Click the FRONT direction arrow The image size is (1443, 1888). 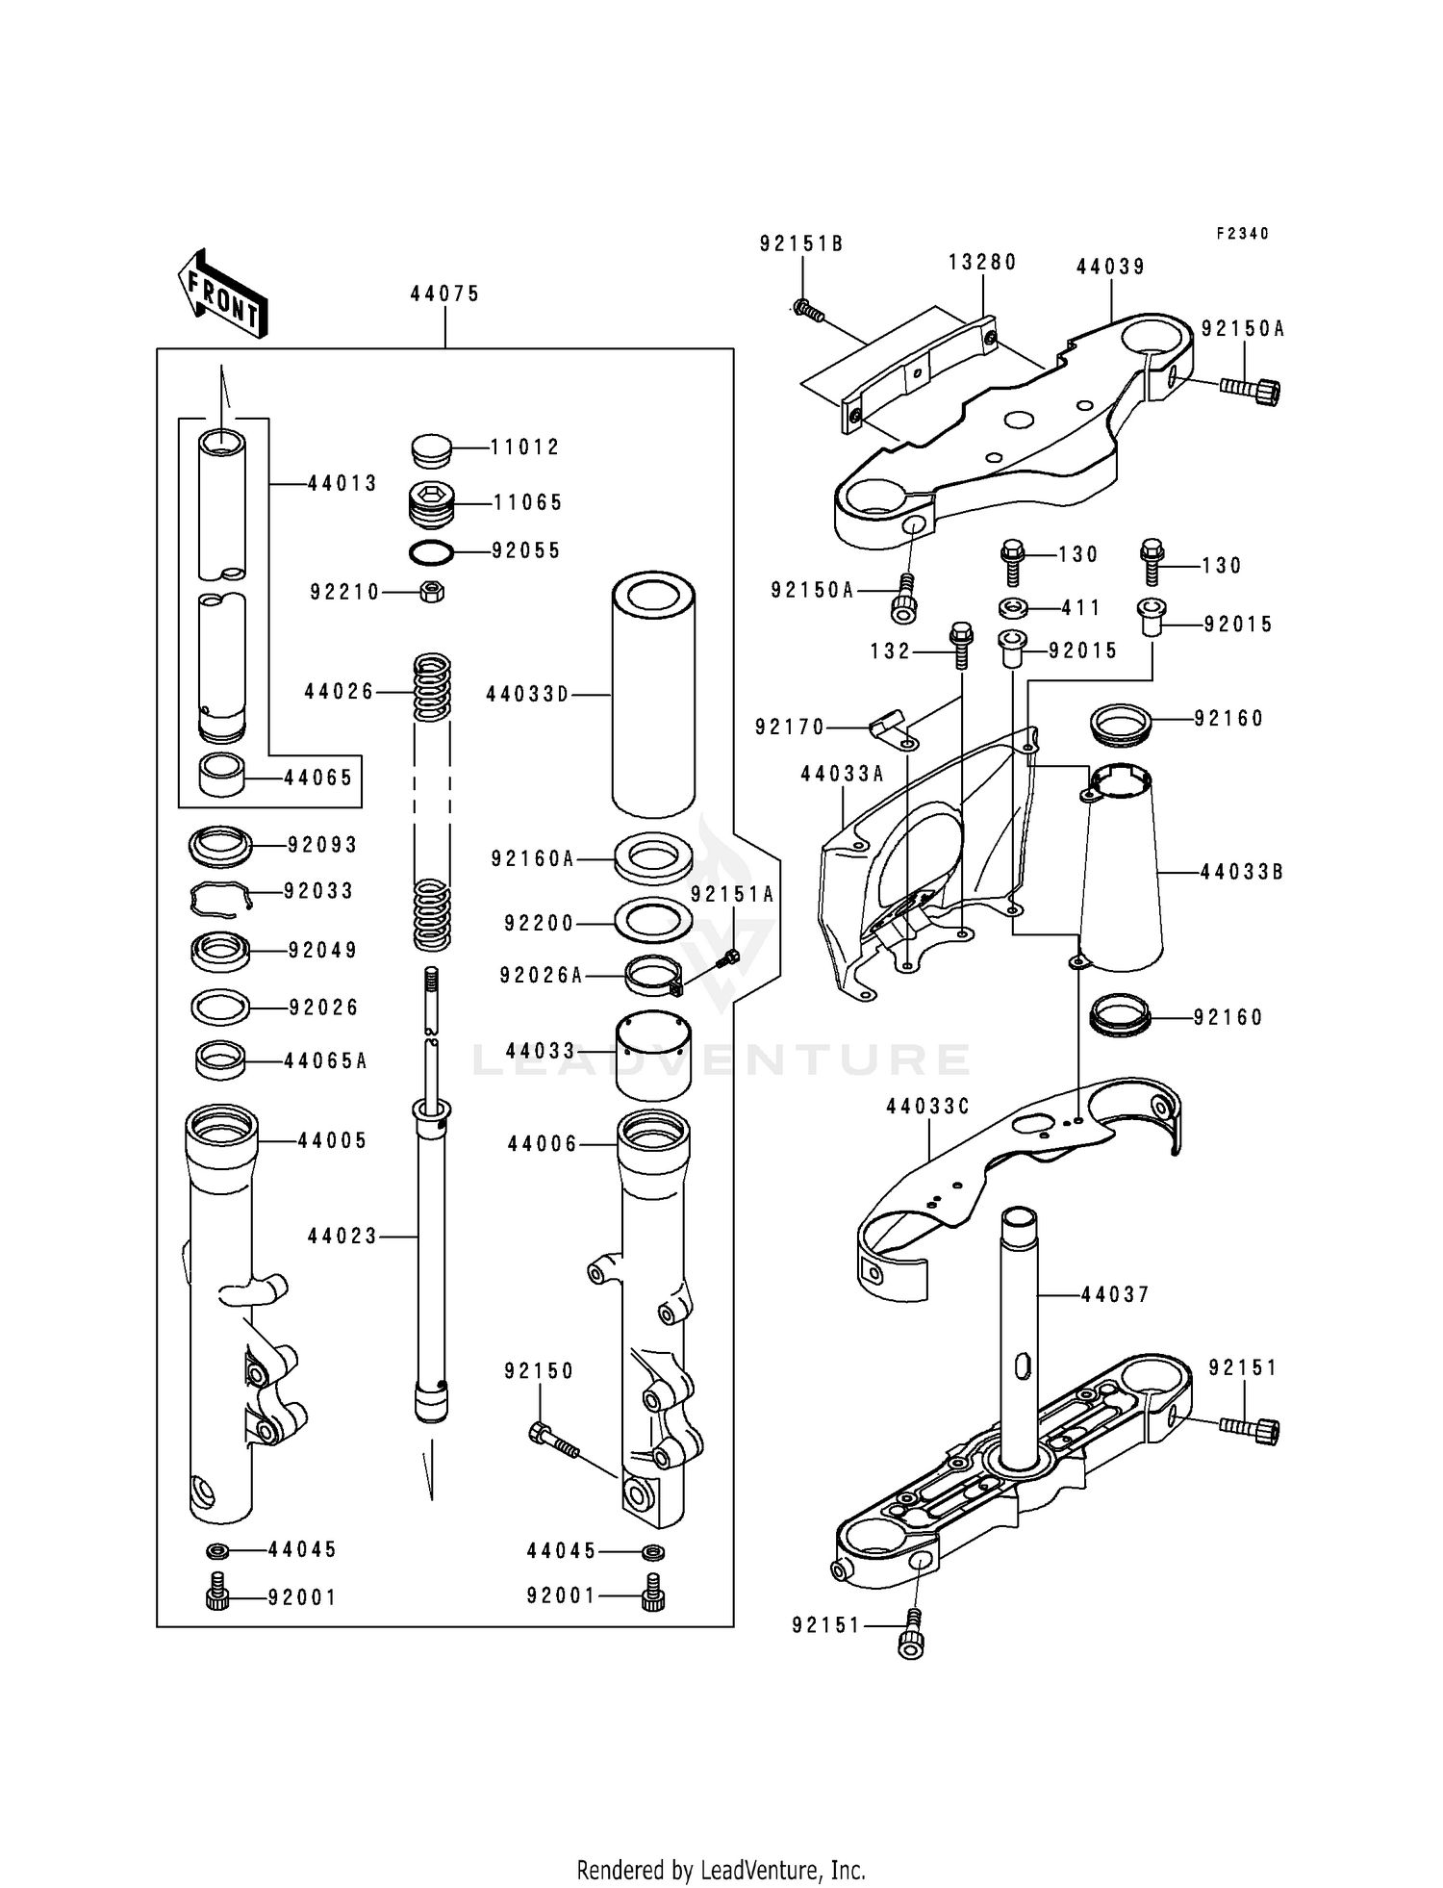(222, 293)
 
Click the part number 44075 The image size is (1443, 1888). (444, 294)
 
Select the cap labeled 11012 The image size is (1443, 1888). (431, 448)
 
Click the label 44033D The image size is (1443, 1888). (527, 694)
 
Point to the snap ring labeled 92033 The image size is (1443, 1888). (219, 898)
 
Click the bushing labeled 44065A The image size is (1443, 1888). (220, 1061)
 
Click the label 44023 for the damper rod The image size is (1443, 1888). (342, 1236)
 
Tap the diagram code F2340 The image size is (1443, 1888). (1242, 234)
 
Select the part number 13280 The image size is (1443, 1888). (982, 263)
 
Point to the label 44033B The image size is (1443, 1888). (1242, 873)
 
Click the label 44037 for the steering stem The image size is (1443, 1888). (1115, 1295)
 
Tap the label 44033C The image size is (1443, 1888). (927, 1108)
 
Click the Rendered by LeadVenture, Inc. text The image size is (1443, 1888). (721, 1870)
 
